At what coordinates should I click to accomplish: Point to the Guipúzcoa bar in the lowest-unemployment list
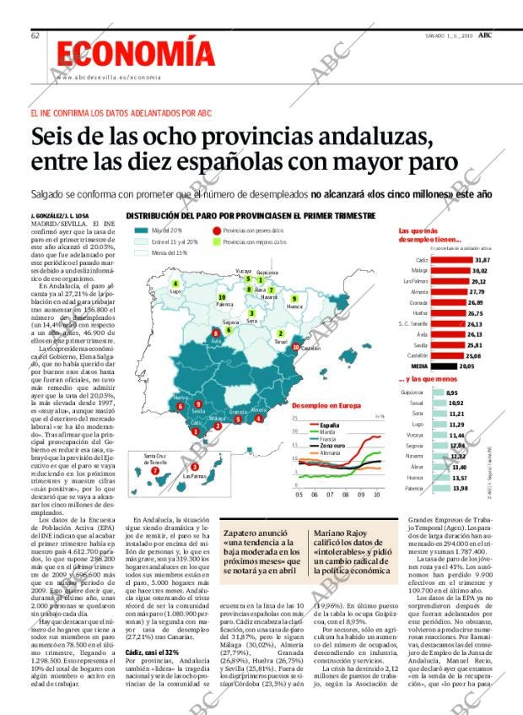point(435,393)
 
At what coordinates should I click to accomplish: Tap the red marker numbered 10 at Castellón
point(295,347)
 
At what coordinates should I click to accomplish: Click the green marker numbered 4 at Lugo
point(175,284)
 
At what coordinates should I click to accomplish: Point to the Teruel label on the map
point(281,341)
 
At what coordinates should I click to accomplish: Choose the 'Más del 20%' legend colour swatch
point(140,230)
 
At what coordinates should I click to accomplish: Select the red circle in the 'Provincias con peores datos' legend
point(217,230)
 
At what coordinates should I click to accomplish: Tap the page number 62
point(35,35)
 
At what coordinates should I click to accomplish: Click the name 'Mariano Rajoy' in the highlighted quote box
point(342,534)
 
